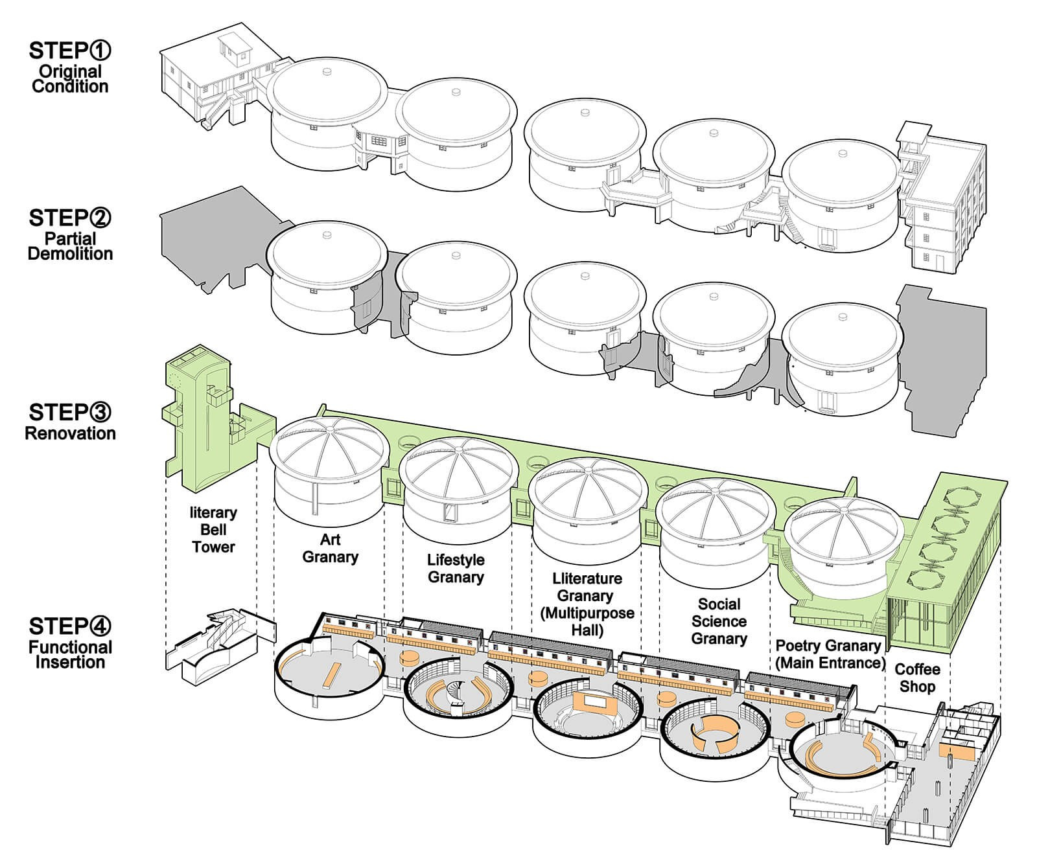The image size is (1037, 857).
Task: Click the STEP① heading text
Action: click(x=70, y=50)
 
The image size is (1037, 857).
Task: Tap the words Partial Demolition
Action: click(x=70, y=246)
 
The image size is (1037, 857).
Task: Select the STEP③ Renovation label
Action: click(x=70, y=422)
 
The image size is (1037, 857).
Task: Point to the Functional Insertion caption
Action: click(x=70, y=654)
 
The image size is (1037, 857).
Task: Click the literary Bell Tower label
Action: click(x=213, y=529)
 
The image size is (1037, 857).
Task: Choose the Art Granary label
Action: click(x=330, y=548)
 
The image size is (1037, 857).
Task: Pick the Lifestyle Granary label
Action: click(x=456, y=568)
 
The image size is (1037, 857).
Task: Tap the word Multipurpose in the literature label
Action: click(x=587, y=613)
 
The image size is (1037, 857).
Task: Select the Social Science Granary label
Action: click(x=719, y=621)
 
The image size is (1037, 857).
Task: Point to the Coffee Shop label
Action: click(x=917, y=678)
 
